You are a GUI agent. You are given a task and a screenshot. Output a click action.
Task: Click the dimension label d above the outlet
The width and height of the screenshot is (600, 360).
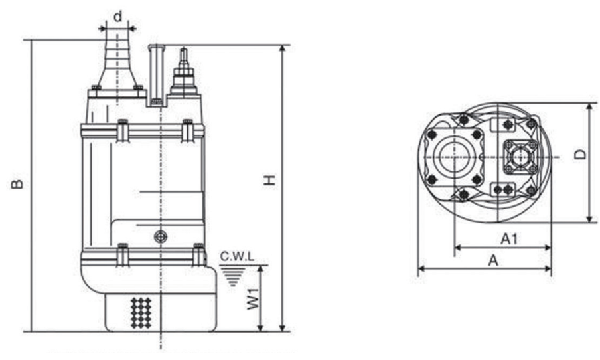point(118,17)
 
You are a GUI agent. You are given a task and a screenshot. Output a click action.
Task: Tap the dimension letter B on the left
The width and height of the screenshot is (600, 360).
point(17,184)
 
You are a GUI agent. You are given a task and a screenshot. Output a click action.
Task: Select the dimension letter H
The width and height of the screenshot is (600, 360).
point(270,180)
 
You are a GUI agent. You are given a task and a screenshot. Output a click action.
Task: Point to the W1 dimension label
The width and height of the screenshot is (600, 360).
point(252,299)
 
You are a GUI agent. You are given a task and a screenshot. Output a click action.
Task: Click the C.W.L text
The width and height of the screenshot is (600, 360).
point(237,256)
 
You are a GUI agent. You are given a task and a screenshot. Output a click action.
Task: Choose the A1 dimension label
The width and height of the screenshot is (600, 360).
point(509,239)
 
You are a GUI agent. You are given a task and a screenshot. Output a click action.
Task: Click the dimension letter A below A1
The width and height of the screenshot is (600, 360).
point(493,260)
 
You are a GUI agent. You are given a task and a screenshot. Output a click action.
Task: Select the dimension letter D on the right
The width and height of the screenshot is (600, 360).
point(580,154)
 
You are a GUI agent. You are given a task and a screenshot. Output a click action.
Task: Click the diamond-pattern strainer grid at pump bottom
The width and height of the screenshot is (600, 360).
point(140,313)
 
